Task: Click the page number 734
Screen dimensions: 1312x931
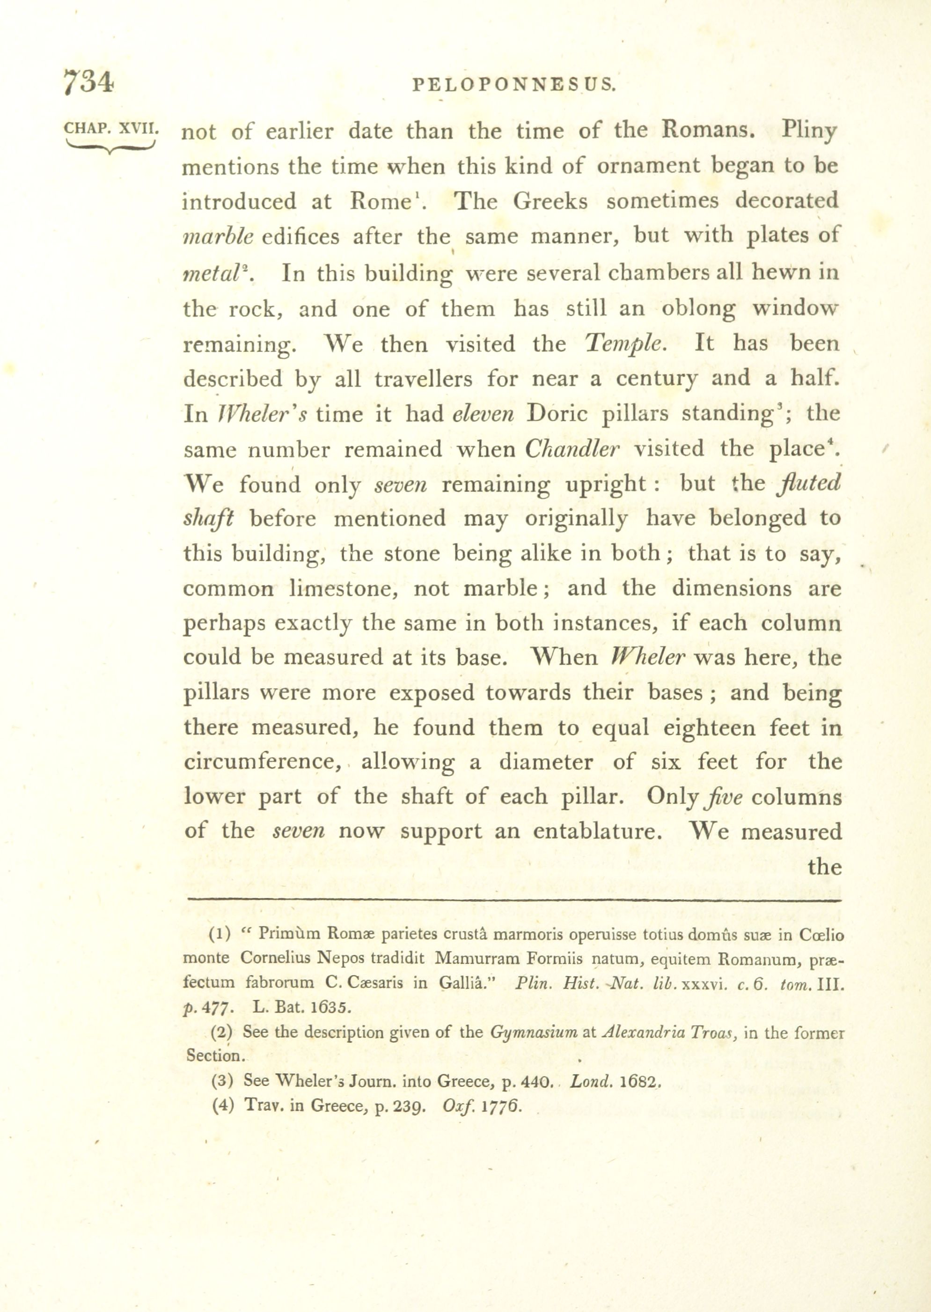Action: [88, 82]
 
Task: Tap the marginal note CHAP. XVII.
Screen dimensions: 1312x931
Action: [110, 128]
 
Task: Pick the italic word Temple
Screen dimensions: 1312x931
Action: [625, 344]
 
